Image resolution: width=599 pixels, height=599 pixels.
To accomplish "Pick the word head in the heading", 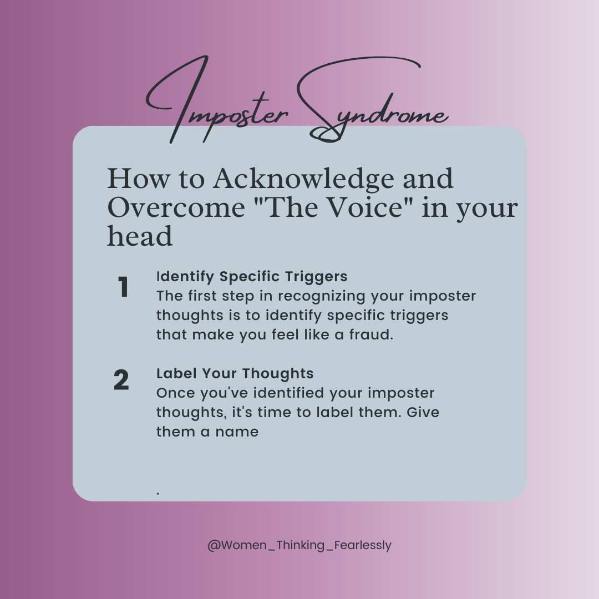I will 140,236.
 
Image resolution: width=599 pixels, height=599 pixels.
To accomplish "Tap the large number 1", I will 123,287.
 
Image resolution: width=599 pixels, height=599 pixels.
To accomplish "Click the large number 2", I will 121,380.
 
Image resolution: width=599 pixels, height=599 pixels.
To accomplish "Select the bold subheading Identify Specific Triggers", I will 252,276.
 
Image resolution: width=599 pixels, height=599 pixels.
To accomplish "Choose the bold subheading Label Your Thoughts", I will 235,373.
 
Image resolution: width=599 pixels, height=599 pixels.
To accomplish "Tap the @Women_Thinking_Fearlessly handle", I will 299,545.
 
